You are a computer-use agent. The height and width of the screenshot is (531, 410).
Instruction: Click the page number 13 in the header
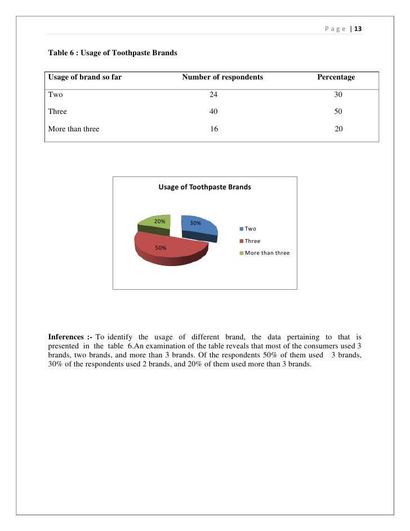(x=358, y=29)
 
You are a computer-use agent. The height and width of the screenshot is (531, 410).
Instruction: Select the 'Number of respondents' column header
(x=222, y=77)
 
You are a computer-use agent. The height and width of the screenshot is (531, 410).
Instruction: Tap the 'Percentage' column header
(x=336, y=77)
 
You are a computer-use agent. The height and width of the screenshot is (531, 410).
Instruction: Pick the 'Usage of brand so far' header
(x=85, y=77)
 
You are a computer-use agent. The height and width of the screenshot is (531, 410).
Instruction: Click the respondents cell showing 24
(x=213, y=95)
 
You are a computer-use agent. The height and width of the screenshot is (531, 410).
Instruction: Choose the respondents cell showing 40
(x=213, y=112)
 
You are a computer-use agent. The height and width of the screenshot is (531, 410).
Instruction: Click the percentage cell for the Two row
(x=338, y=95)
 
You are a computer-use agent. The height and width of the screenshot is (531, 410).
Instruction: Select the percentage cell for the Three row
(x=338, y=112)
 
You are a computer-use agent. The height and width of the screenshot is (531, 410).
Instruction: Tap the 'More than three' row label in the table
(x=74, y=129)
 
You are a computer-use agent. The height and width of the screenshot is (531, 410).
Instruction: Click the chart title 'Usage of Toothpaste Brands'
(x=204, y=187)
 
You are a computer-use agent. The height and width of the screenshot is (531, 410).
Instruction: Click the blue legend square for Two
(x=242, y=229)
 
